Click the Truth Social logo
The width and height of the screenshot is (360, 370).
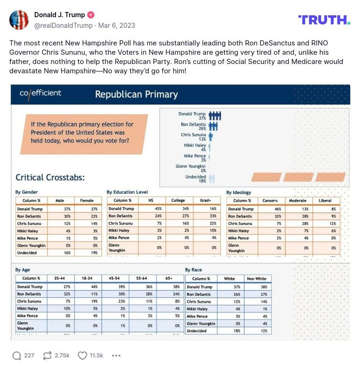pyautogui.click(x=324, y=20)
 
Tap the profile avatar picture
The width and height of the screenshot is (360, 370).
pyautogui.click(x=19, y=20)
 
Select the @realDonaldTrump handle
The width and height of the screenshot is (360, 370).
pyautogui.click(x=63, y=26)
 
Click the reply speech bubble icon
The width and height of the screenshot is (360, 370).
pyautogui.click(x=17, y=356)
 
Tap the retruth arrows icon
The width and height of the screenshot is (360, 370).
pyautogui.click(x=47, y=356)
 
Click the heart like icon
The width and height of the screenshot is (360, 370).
pyautogui.click(x=82, y=356)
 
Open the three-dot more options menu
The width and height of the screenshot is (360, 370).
pyautogui.click(x=116, y=356)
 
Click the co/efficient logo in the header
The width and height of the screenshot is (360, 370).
pyautogui.click(x=40, y=93)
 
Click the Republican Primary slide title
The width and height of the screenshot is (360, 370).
pyautogui.click(x=136, y=95)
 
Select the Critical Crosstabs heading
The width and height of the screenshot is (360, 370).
pyautogui.click(x=50, y=178)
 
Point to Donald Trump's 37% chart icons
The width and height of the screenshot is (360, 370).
pyautogui.click(x=215, y=116)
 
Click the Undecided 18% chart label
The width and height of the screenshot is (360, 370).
pyautogui.click(x=195, y=179)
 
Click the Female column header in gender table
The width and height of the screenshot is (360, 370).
pyautogui.click(x=87, y=200)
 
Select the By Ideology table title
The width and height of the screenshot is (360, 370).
pyautogui.click(x=239, y=192)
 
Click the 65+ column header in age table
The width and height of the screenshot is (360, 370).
pyautogui.click(x=168, y=278)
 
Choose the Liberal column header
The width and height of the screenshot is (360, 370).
pyautogui.click(x=325, y=200)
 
